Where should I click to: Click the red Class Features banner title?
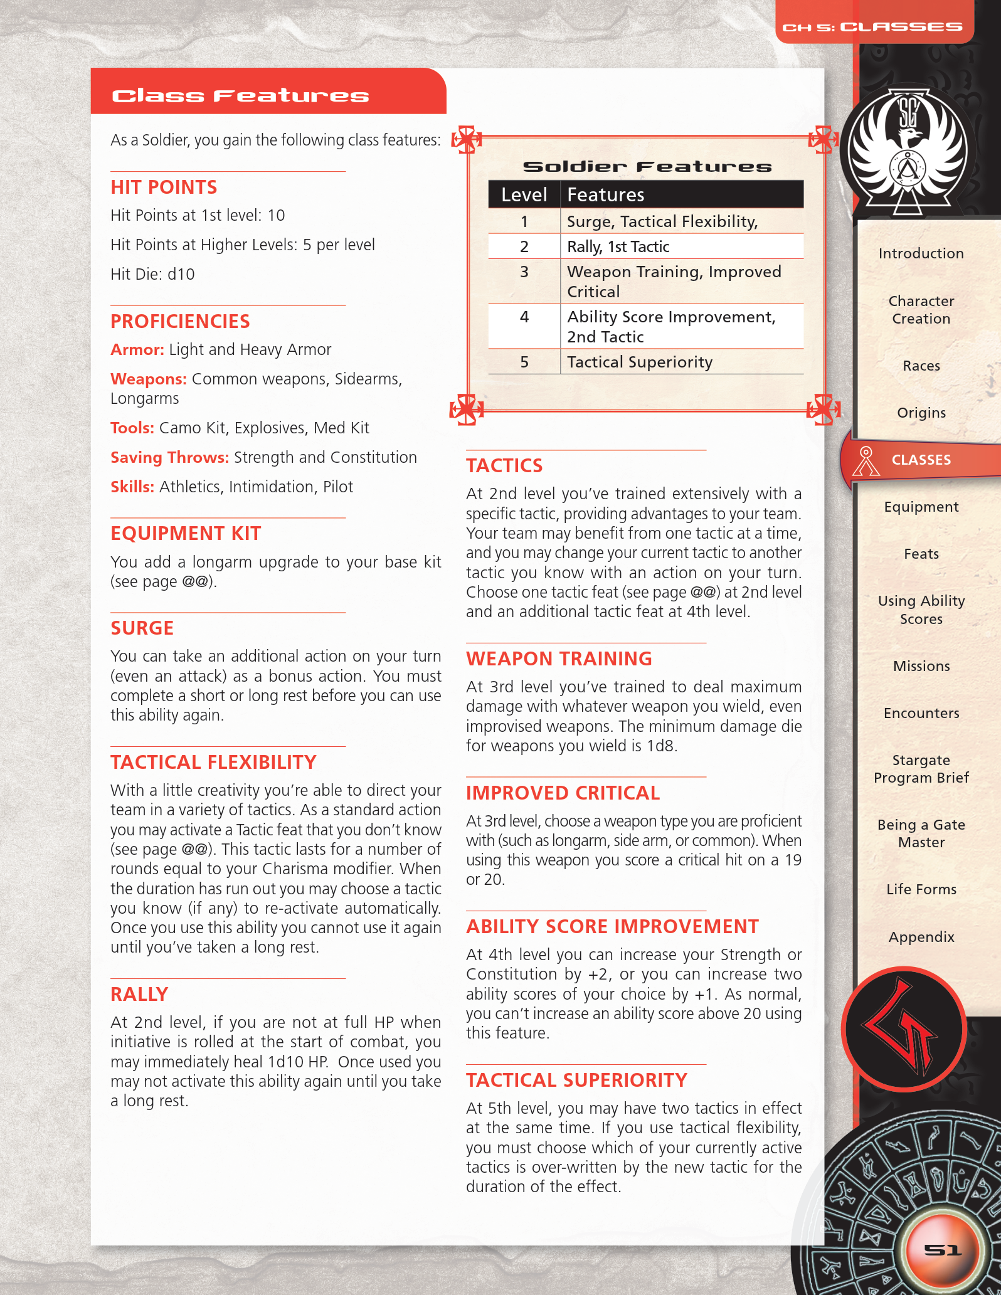click(x=240, y=95)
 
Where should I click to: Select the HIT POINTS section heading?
click(x=164, y=187)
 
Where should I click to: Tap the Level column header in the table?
click(x=524, y=194)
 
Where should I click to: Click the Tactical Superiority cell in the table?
click(x=639, y=362)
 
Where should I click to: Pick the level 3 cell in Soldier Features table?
click(x=524, y=272)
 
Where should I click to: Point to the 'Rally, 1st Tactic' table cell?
click(x=618, y=246)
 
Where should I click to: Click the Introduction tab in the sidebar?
click(x=921, y=253)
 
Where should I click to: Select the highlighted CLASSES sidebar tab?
click(x=921, y=460)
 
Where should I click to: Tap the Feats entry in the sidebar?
click(x=921, y=554)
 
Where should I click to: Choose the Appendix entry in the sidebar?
click(x=921, y=937)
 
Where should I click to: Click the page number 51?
click(x=942, y=1250)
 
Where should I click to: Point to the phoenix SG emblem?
click(x=907, y=151)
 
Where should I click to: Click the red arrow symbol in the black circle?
click(x=903, y=1028)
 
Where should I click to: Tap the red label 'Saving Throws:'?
click(x=169, y=457)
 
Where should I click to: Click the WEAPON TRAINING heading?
click(x=559, y=658)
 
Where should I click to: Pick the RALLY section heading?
click(x=139, y=994)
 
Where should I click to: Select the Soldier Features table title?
click(x=647, y=166)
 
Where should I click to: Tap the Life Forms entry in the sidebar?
click(x=921, y=889)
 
